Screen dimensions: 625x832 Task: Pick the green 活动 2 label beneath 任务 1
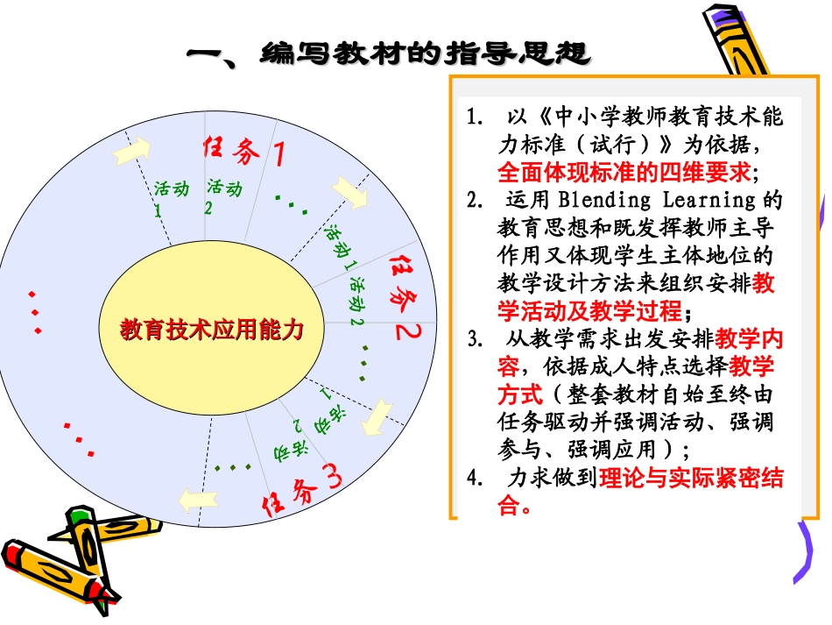(x=223, y=195)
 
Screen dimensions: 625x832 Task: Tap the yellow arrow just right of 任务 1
(x=350, y=192)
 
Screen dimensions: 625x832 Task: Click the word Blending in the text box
(x=592, y=201)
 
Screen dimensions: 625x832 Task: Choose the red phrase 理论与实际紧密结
(x=691, y=479)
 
